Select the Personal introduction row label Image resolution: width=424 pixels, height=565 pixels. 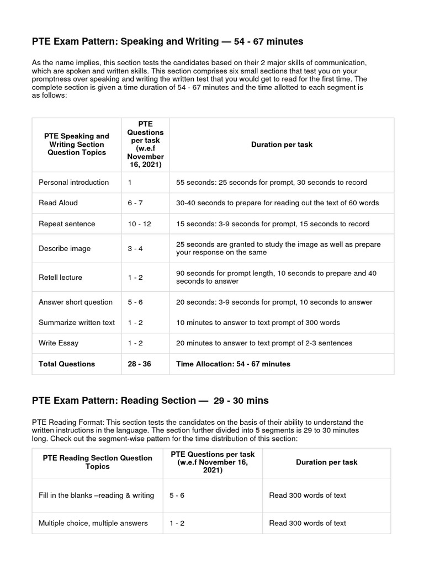click(73, 182)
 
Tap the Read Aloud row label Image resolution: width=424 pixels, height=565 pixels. click(58, 202)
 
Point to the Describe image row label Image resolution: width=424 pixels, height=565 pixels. click(64, 248)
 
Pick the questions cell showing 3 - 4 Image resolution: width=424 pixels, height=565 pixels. click(135, 248)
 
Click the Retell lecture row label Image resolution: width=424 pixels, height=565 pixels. click(60, 277)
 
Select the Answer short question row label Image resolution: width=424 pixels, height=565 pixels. click(75, 302)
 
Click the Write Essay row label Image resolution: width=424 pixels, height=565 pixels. click(59, 343)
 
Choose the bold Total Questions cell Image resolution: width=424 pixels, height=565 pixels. click(66, 364)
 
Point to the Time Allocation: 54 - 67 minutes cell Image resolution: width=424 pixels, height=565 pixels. click(233, 364)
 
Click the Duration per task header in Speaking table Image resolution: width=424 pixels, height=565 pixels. click(282, 145)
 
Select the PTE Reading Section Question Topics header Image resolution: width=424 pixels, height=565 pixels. click(97, 462)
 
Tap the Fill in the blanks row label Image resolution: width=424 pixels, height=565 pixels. click(96, 495)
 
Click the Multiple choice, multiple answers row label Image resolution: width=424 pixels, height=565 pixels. click(93, 523)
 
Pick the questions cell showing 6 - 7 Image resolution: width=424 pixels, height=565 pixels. click(135, 202)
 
